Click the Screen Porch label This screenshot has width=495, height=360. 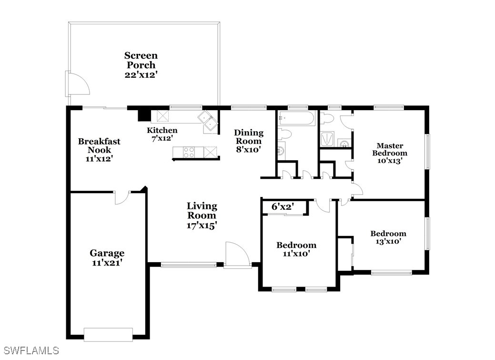coord(141,60)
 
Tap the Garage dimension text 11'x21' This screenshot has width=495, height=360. coord(107,263)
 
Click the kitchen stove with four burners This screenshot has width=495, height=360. coord(189,152)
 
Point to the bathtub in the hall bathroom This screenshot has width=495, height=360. coord(296,119)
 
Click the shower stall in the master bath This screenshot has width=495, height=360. coord(327,139)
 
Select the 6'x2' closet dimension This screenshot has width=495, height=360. coord(283,207)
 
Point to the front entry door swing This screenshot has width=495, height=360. coord(237,255)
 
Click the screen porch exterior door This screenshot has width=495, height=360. coord(78,83)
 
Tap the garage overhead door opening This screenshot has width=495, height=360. coord(108,334)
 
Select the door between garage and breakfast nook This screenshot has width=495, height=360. coord(122,197)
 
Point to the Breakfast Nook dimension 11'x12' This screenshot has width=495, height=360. coord(99,159)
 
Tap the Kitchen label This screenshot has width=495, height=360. coord(162,130)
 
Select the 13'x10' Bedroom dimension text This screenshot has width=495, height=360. coord(388,241)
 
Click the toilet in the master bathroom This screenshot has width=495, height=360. coord(327,119)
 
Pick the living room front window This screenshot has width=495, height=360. coord(189,265)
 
